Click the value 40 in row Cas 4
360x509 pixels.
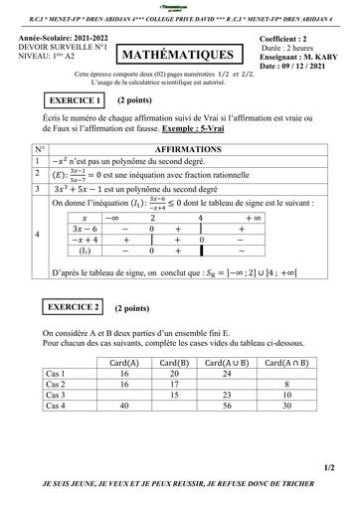click(124, 407)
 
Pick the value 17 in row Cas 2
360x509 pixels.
click(174, 384)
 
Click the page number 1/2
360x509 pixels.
click(328, 466)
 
